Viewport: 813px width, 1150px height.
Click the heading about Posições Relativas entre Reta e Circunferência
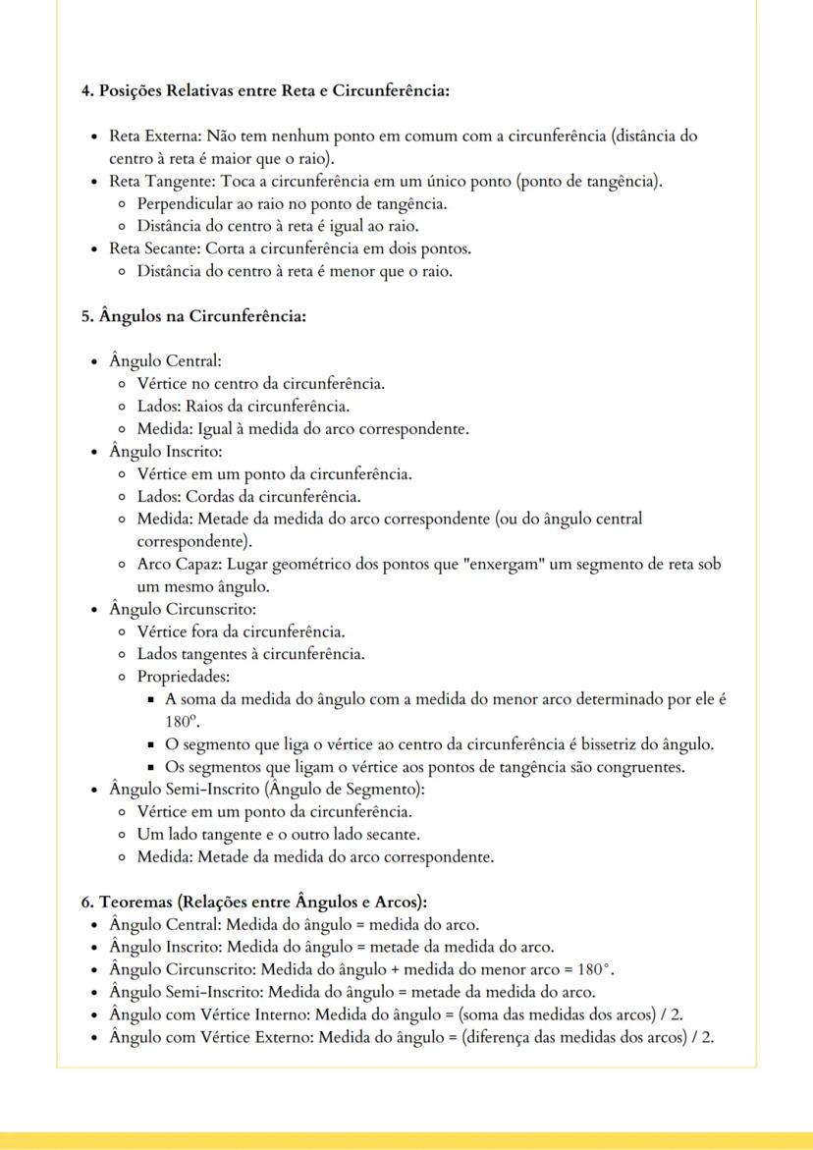[x=264, y=91]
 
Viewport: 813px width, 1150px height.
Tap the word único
[x=459, y=182]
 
